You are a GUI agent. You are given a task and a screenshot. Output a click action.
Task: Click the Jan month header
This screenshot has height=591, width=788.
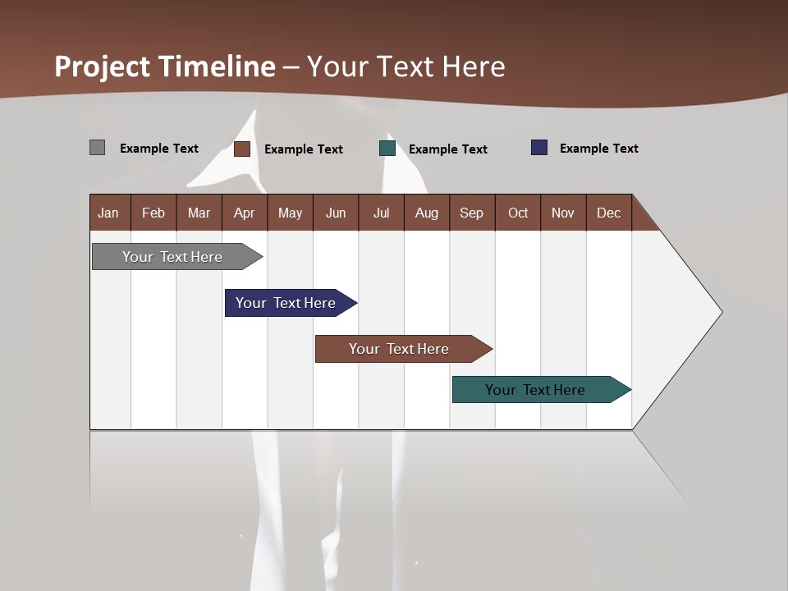pos(108,213)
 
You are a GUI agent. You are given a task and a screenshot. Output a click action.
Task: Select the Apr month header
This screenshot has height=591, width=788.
pos(244,213)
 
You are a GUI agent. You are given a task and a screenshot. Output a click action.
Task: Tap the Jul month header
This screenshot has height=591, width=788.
pos(381,213)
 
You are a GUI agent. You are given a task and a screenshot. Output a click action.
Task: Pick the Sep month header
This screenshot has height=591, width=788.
pos(471,213)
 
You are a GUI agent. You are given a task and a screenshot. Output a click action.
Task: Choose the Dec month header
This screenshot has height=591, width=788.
pos(608,213)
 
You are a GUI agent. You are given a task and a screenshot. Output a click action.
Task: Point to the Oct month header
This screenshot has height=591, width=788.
pos(518,213)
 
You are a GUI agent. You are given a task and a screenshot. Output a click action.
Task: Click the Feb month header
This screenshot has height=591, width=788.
pos(153,213)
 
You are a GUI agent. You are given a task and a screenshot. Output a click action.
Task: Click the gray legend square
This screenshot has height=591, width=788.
pos(97,148)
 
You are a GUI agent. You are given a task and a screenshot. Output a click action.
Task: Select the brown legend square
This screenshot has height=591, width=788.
pos(242,149)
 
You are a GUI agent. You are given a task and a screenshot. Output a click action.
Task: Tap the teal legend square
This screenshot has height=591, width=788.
pos(387,149)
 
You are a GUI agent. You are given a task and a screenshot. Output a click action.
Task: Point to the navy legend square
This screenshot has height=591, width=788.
pos(539,148)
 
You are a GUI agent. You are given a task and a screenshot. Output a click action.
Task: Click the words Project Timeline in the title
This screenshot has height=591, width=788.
pos(165,66)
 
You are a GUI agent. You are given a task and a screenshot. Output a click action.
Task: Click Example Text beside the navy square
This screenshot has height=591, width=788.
pos(598,149)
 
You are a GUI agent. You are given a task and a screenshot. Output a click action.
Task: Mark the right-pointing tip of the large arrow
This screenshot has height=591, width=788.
pos(720,312)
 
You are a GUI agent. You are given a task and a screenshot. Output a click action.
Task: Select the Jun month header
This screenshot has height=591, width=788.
pos(336,213)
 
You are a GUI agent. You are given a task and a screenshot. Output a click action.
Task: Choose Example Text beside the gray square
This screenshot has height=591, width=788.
pos(159,149)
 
